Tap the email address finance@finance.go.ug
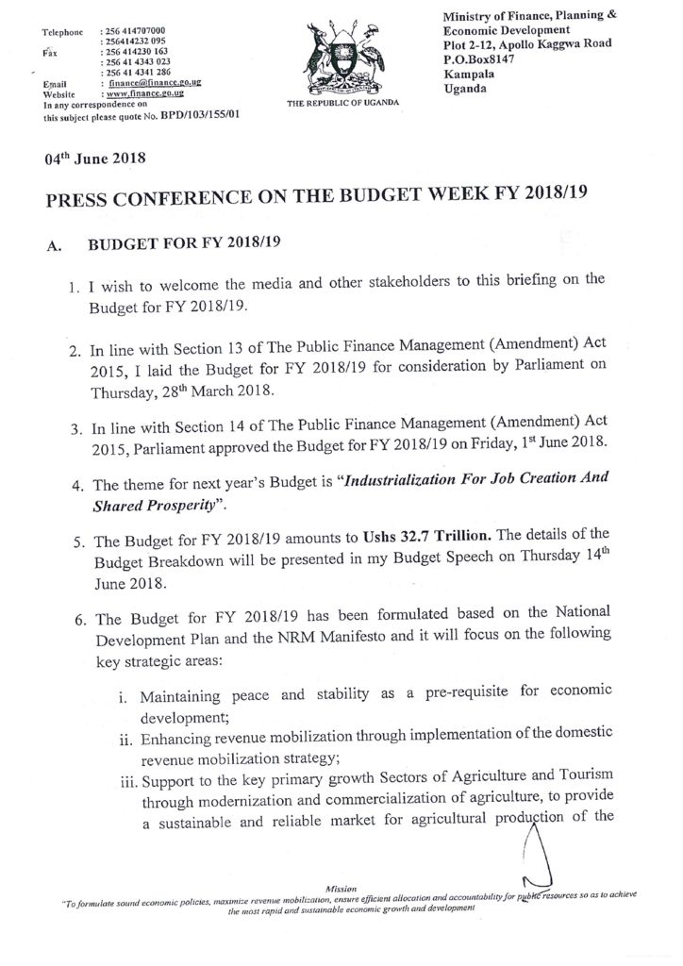pos(157,84)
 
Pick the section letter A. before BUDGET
pos(53,246)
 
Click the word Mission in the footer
pos(341,889)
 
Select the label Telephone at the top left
pos(64,33)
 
